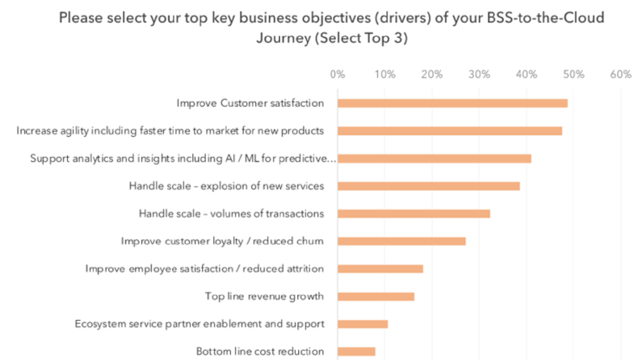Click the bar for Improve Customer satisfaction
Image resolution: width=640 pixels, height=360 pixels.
(x=452, y=103)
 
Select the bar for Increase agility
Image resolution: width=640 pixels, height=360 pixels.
(x=450, y=131)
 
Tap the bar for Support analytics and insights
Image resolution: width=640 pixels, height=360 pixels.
(x=434, y=159)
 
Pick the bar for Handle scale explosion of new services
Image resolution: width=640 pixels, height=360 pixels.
(x=428, y=186)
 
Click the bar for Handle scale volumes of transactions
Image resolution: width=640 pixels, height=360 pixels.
(x=413, y=214)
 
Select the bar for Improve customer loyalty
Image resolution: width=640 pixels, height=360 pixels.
(x=401, y=241)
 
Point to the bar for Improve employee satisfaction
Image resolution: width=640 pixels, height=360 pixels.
(x=380, y=269)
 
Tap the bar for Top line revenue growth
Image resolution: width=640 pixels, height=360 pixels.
(x=376, y=296)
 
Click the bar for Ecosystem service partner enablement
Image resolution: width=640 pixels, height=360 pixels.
(x=363, y=324)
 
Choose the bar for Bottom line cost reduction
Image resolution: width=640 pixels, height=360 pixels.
(x=356, y=351)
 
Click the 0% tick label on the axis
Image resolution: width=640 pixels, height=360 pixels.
(x=337, y=75)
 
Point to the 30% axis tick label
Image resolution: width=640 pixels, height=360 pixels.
(x=479, y=75)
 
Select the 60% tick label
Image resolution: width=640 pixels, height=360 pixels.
(x=620, y=75)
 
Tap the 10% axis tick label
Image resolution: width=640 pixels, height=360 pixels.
(x=385, y=75)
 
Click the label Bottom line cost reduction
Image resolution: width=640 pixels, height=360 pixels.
(x=260, y=351)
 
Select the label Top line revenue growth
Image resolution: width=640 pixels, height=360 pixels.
(x=264, y=296)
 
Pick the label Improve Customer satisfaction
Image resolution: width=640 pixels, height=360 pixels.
(x=250, y=103)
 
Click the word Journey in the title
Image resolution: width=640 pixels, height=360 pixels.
(x=284, y=38)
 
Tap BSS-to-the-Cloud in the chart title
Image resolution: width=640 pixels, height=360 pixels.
(x=545, y=18)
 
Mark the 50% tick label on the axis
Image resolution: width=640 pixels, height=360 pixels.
(x=573, y=75)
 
